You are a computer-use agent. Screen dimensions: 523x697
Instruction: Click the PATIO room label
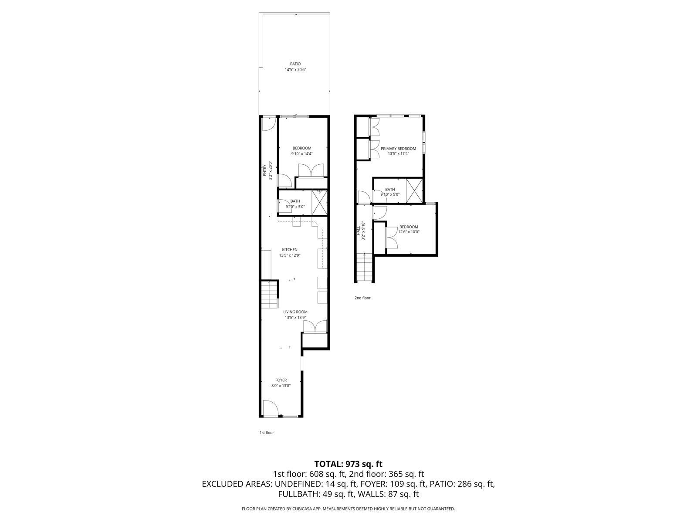(x=295, y=64)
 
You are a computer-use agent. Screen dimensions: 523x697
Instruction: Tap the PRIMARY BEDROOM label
(x=398, y=149)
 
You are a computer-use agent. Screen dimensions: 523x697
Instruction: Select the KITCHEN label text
(x=290, y=250)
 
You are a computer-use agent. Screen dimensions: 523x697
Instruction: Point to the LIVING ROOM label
(x=295, y=312)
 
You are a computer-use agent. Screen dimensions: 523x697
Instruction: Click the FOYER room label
(x=281, y=380)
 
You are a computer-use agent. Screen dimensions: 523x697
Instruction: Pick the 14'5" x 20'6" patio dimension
(x=295, y=70)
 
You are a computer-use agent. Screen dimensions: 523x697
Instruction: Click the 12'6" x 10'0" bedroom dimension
(x=409, y=232)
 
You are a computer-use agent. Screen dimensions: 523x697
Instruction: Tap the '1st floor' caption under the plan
(x=267, y=433)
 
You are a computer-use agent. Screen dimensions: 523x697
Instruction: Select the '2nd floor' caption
(x=362, y=298)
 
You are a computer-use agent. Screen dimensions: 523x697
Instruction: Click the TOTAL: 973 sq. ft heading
(x=348, y=464)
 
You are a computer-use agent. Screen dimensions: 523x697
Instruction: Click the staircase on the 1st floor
(x=270, y=295)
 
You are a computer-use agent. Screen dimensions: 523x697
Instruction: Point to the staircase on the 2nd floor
(x=365, y=267)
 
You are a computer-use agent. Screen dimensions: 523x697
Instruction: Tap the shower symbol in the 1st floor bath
(x=319, y=203)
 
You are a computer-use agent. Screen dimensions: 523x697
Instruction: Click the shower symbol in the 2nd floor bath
(x=414, y=190)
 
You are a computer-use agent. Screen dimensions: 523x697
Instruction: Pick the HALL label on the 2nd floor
(x=359, y=231)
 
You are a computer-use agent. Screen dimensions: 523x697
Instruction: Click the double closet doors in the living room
(x=315, y=327)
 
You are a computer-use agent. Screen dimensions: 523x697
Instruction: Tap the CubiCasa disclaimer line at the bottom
(x=348, y=509)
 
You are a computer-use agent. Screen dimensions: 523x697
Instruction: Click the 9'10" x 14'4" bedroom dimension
(x=302, y=153)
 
